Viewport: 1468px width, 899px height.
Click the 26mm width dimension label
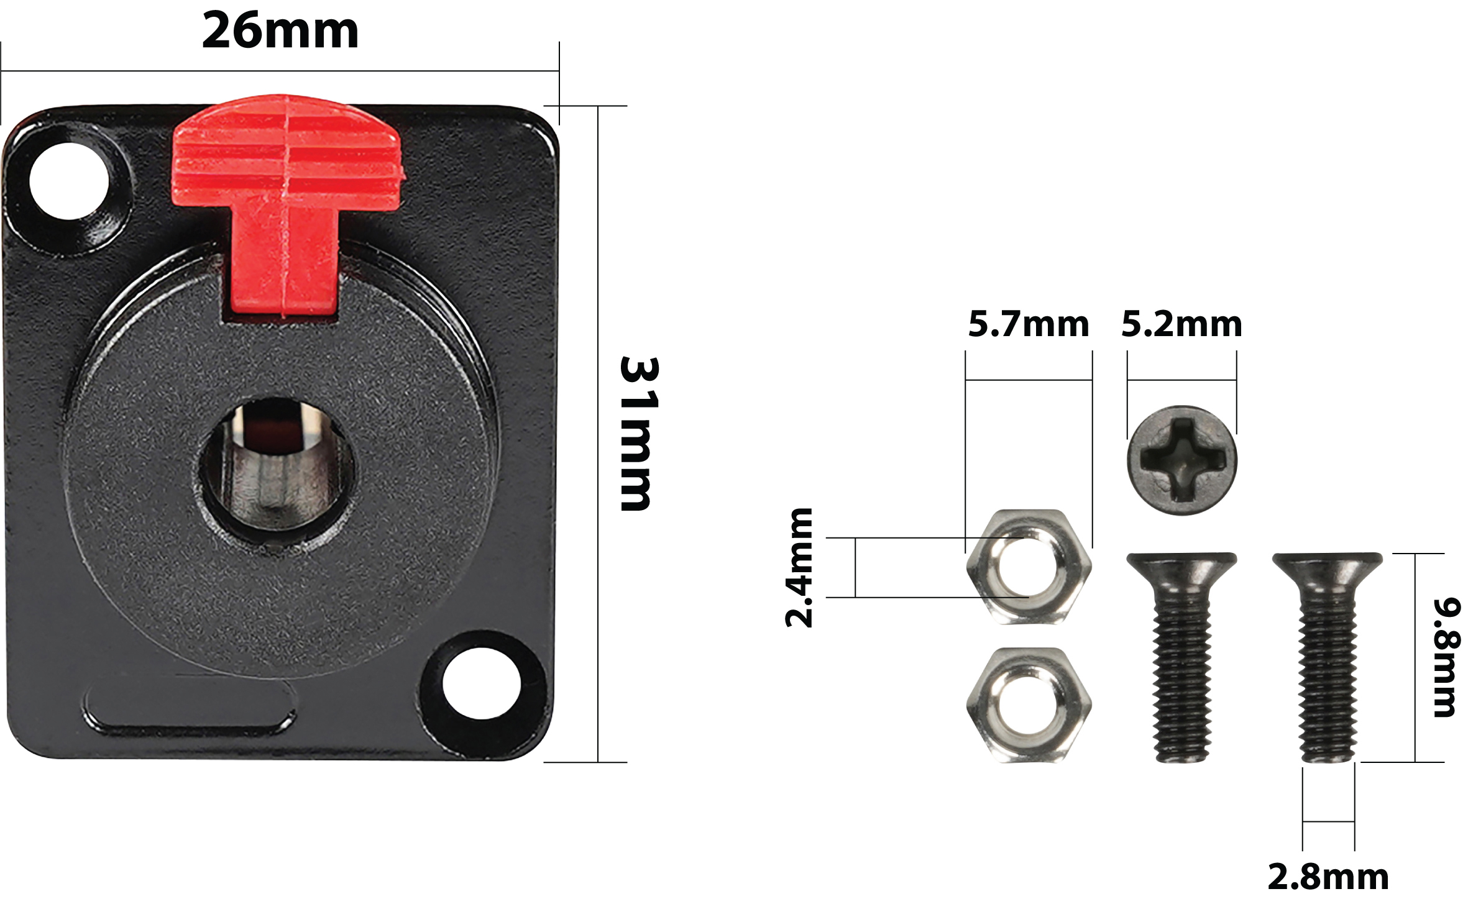[280, 31]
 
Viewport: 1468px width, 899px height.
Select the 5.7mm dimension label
[1029, 324]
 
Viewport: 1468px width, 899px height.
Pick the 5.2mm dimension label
[1181, 324]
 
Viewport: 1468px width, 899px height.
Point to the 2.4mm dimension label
[799, 568]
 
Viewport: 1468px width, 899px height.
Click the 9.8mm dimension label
[1446, 658]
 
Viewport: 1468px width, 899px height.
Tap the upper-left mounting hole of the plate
[69, 181]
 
